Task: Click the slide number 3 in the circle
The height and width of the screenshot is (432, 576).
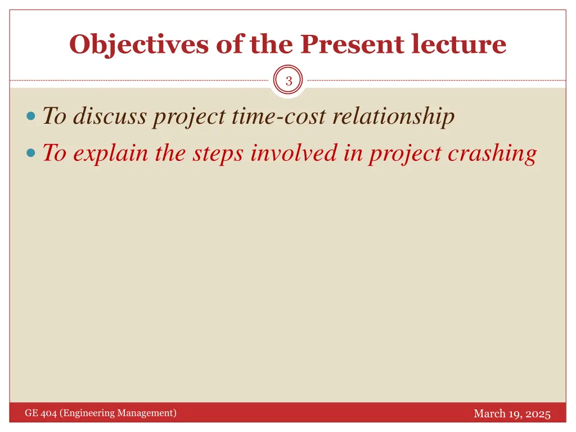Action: point(289,81)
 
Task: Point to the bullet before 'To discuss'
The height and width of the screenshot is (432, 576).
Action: point(31,118)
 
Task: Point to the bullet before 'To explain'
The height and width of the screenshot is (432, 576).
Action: point(31,153)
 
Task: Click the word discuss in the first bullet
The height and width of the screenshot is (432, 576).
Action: point(110,116)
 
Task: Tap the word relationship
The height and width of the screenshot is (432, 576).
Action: point(393,116)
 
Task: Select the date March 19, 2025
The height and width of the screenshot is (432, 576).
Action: point(512,414)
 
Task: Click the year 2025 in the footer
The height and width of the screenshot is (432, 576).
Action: point(538,414)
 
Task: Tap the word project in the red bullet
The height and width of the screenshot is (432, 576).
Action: point(404,153)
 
